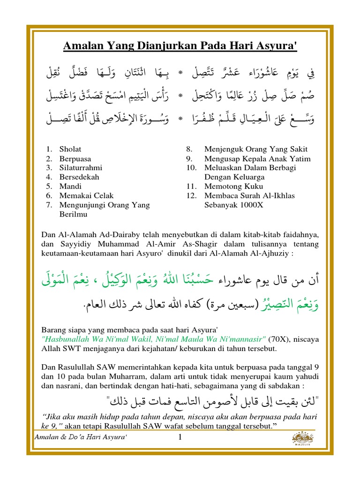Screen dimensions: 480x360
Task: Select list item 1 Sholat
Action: [70, 149]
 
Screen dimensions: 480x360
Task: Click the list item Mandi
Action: [70, 186]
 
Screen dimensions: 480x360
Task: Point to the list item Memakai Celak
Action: [86, 195]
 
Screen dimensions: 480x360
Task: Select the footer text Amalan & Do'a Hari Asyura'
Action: [82, 437]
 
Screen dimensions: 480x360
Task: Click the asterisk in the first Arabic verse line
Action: [180, 73]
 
